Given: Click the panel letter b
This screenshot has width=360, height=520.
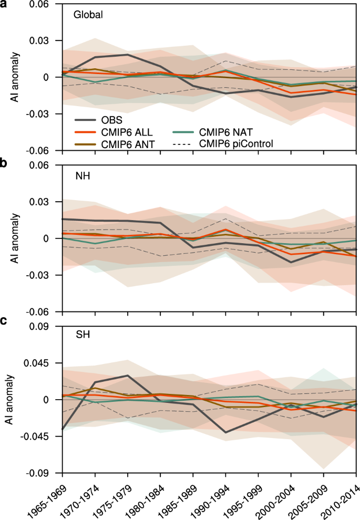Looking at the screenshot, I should coord(4,163).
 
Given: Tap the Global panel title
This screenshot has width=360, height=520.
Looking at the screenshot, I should coord(87,15).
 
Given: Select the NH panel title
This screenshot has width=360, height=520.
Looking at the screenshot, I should coord(83,176).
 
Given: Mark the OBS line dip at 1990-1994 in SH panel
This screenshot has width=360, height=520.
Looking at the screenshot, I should coord(225,432).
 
